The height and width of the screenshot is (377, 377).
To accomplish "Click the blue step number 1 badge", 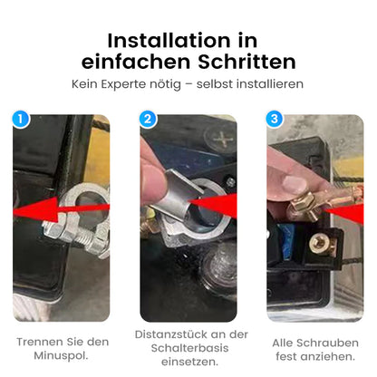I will click(x=23, y=118).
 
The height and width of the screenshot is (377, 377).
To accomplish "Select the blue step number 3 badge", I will click(x=276, y=119).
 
